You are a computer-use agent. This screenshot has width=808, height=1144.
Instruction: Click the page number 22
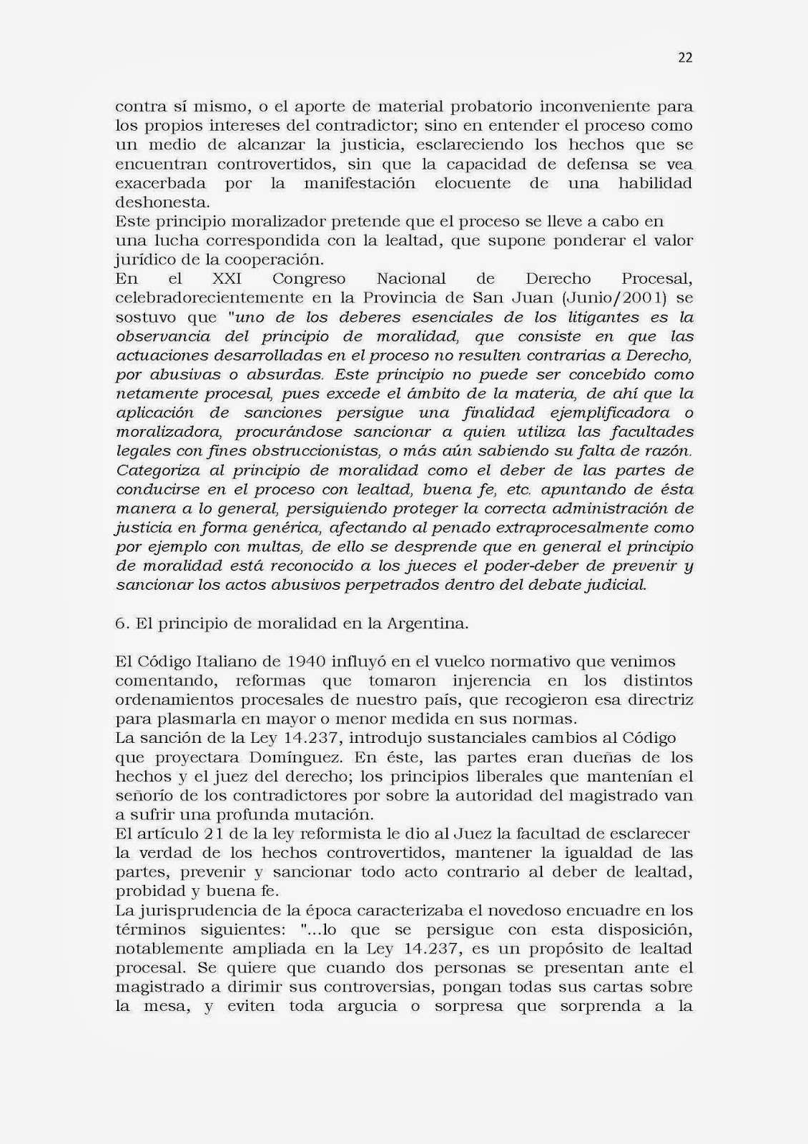[685, 59]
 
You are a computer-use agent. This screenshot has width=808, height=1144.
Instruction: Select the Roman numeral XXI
[228, 279]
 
